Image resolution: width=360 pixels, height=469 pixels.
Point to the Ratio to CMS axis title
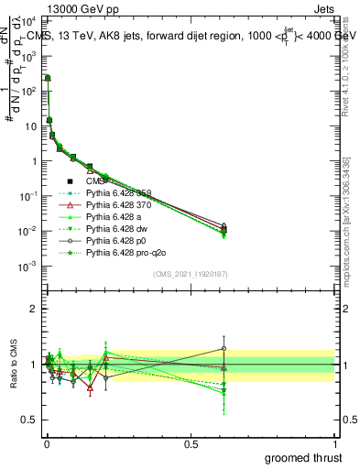(x=12, y=365)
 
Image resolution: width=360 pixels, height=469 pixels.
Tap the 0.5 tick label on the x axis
(x=191, y=443)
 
